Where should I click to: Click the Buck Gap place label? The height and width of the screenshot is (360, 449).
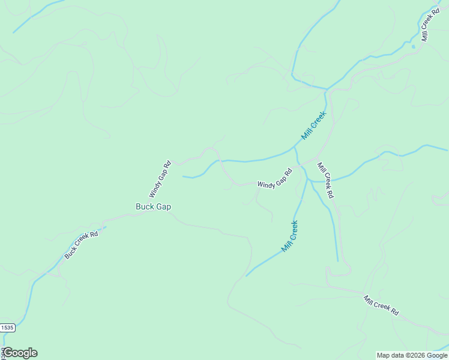[x=153, y=206]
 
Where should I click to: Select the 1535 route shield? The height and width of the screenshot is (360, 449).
[x=7, y=328]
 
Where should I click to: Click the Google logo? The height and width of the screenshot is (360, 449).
[x=20, y=353]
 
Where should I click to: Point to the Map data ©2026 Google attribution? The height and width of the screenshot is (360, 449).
[x=412, y=355]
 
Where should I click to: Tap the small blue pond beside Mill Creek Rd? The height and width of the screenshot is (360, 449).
[x=413, y=46]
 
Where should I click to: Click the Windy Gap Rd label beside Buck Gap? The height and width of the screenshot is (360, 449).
[x=160, y=179]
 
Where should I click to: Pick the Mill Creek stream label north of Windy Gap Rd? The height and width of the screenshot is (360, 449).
[x=314, y=125]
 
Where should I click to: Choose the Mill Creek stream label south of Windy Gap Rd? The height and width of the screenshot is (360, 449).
[x=289, y=236]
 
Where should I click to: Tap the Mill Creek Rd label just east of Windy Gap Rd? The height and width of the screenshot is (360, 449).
[x=325, y=180]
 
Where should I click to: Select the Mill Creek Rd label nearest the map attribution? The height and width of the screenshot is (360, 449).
[x=381, y=305]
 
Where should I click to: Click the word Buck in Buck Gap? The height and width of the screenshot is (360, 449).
[x=145, y=206]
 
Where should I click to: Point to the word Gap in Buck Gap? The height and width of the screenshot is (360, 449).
[x=163, y=206]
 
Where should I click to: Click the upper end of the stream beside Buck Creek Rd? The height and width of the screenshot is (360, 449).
[x=106, y=227]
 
